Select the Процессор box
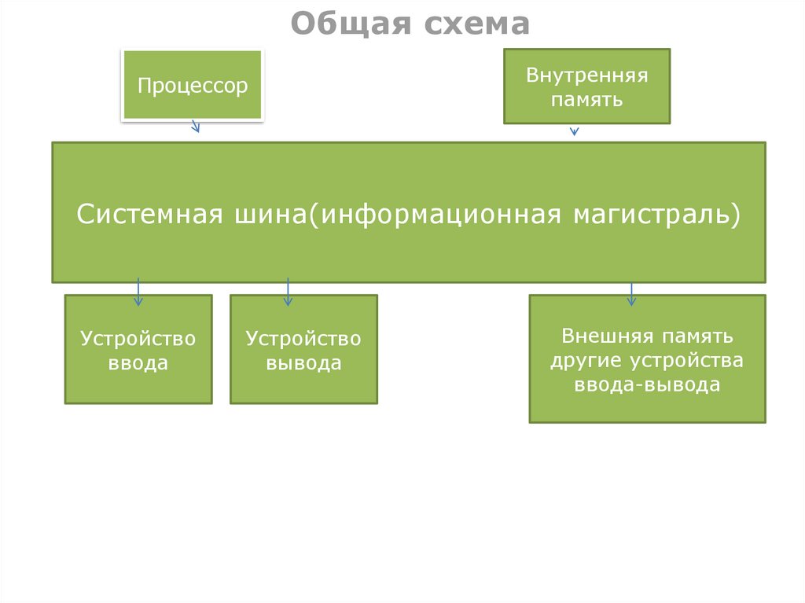point(193,85)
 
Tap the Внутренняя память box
point(586,86)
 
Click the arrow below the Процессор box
point(196,126)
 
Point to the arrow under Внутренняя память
point(574,131)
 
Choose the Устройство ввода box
point(138,349)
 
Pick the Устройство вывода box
point(303,349)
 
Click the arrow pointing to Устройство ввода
point(138,292)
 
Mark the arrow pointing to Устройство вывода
point(288,292)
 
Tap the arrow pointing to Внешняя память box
point(630,294)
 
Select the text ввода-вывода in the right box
point(647,384)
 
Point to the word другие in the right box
point(586,360)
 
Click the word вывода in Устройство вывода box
point(303,363)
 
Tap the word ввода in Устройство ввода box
point(138,363)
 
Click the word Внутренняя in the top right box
point(586,76)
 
